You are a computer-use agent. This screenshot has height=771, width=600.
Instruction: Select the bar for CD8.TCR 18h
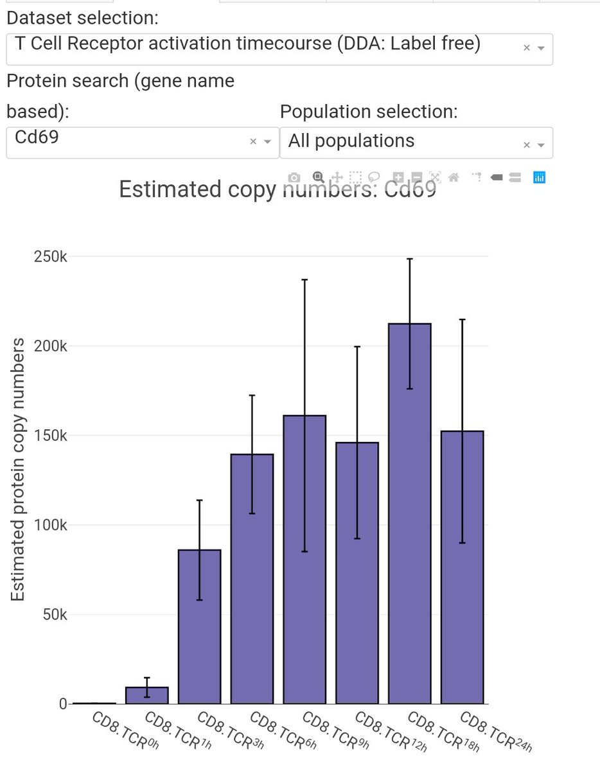[409, 514]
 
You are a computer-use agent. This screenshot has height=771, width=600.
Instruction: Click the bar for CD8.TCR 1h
[146, 695]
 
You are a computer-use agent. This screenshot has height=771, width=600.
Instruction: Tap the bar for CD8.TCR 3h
[199, 626]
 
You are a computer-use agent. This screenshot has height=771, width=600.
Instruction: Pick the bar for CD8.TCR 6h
[252, 578]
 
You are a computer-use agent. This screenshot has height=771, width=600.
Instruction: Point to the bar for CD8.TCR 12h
[357, 572]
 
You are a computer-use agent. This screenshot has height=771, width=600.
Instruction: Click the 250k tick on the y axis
[51, 256]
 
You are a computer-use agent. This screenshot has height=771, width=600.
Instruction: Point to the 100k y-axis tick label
[51, 525]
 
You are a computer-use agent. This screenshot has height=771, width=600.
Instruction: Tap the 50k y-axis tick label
[54, 614]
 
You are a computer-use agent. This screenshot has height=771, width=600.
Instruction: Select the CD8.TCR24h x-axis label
[495, 731]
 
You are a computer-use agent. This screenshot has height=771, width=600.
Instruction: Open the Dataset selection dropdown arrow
[541, 48]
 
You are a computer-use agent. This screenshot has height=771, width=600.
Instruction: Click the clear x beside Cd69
[253, 142]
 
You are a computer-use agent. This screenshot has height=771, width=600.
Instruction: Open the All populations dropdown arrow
[541, 145]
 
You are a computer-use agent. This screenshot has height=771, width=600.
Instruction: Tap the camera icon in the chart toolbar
[294, 177]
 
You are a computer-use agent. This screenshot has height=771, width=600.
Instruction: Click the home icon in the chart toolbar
[454, 177]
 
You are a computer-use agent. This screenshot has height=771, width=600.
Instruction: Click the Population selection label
[369, 111]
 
